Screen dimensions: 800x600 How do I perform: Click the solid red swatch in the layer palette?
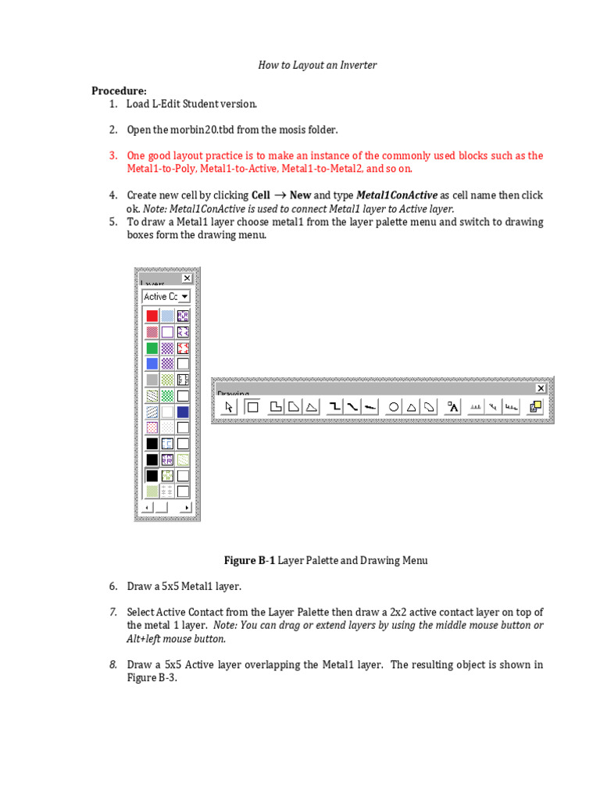(x=152, y=316)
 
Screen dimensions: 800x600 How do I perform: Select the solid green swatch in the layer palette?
(x=152, y=348)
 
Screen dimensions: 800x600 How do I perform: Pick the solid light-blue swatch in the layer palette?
(x=152, y=363)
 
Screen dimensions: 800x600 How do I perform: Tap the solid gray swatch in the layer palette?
(x=152, y=380)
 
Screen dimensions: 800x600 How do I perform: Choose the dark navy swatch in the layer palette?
(x=183, y=412)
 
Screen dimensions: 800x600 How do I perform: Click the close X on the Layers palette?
(x=187, y=278)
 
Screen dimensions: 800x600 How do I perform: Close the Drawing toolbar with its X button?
(x=541, y=388)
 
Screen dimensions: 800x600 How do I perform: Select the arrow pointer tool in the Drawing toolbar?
(x=229, y=406)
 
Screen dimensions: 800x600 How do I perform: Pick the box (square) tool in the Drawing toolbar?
(x=252, y=406)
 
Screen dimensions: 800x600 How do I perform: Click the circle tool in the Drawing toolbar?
(x=394, y=406)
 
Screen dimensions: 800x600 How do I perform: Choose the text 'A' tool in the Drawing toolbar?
(x=453, y=406)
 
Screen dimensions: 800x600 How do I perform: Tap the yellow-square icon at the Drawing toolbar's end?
(x=535, y=406)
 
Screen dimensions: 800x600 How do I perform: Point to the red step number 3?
(x=113, y=155)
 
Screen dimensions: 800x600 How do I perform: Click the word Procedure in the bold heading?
(x=118, y=91)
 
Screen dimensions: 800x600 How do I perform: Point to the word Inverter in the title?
(x=358, y=65)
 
